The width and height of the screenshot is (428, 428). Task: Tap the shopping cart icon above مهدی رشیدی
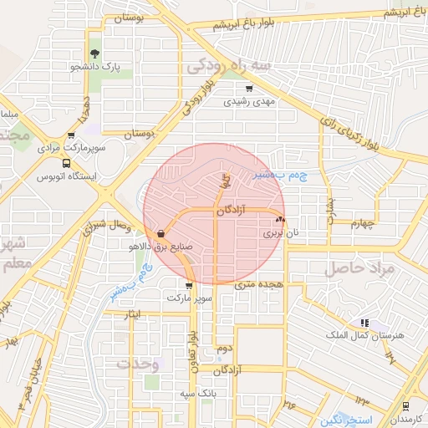pos(248,88)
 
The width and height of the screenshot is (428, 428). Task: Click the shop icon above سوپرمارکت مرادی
pos(71,135)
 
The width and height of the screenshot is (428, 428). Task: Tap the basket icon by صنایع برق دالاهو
pos(160,234)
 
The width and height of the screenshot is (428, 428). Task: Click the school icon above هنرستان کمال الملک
pos(364,322)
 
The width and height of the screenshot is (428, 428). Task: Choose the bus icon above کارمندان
pos(405,405)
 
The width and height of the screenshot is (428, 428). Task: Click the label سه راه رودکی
pos(229,64)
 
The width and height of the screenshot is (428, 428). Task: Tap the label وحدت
pos(137,364)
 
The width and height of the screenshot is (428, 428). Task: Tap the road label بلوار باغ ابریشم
pos(212,26)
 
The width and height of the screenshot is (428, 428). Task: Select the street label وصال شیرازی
pos(106,226)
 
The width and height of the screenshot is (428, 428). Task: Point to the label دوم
pos(223,347)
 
